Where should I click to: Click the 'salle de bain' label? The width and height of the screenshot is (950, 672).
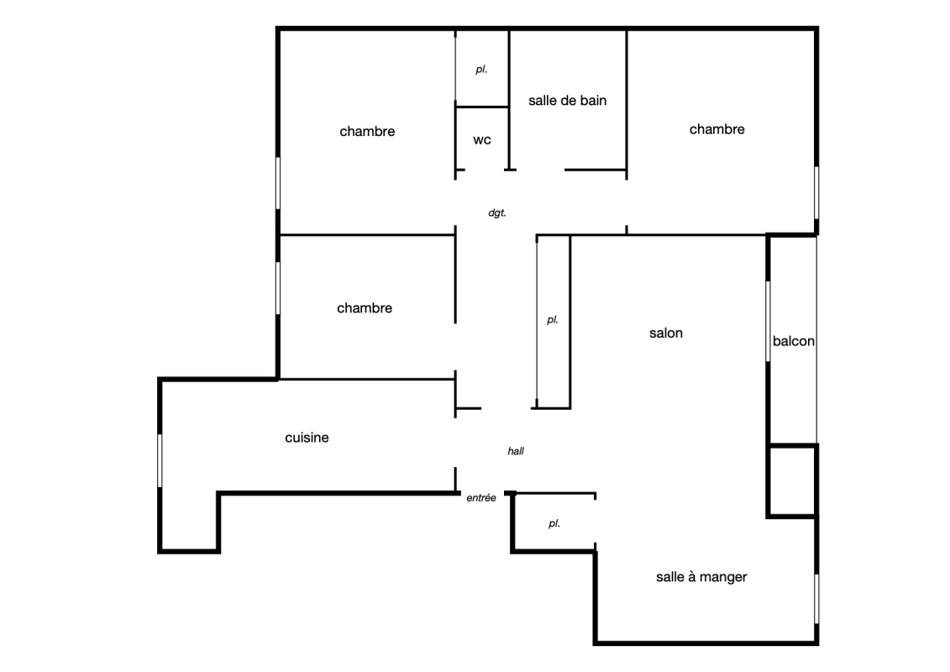[567, 101]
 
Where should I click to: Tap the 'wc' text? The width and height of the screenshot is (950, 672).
[481, 140]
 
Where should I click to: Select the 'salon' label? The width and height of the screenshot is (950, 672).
[666, 333]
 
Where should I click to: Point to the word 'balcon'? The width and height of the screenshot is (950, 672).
[793, 341]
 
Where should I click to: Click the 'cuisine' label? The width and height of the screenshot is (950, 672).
[307, 438]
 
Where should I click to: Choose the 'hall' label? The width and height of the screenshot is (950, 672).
[516, 451]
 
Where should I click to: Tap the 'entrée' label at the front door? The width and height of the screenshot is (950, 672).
[481, 497]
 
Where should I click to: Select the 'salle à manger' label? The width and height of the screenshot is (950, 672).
[701, 577]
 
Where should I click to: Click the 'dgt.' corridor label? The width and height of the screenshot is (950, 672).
[496, 213]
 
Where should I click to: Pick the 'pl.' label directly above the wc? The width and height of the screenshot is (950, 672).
[481, 70]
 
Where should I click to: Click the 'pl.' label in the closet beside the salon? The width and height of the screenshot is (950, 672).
[552, 320]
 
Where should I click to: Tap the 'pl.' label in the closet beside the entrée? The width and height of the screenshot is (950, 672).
[554, 523]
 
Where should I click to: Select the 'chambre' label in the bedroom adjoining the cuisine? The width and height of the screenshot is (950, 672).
[365, 307]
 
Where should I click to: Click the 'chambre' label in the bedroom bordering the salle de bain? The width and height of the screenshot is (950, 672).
[716, 129]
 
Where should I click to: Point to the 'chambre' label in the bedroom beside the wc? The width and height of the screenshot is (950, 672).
[367, 132]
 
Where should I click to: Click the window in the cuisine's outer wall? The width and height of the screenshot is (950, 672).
[160, 460]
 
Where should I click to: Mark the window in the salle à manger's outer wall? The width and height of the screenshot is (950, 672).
[816, 599]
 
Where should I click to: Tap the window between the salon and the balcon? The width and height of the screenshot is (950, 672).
[769, 321]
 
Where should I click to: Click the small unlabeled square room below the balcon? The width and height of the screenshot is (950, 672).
[792, 481]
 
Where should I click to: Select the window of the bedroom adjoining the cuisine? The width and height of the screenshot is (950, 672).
[278, 288]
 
